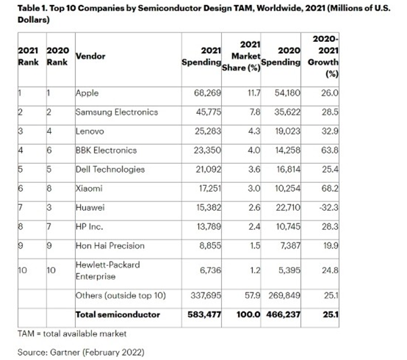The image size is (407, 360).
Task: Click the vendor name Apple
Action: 87,93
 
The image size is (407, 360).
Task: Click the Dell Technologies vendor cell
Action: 109,169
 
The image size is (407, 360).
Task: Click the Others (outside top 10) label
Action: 121,295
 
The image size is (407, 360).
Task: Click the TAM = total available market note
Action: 71,333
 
